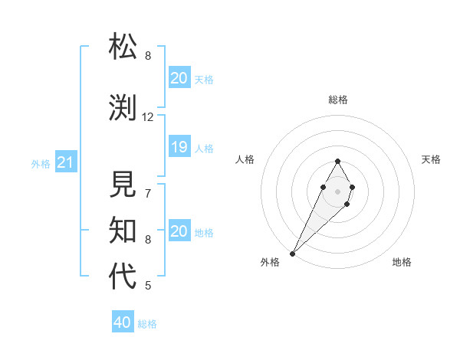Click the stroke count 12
[x=148, y=117]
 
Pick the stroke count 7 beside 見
[x=148, y=193]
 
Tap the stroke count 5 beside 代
[x=148, y=286]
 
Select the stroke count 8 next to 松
[x=148, y=56]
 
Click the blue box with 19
[x=179, y=147]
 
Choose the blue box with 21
[x=65, y=163]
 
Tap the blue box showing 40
[x=123, y=322]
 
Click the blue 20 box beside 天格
[x=179, y=78]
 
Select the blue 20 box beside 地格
[x=179, y=231]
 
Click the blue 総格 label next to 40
[x=147, y=324]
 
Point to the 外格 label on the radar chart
[x=270, y=262]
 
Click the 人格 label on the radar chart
[x=245, y=159]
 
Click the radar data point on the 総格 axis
[x=337, y=161]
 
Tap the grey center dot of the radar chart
[x=337, y=190]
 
